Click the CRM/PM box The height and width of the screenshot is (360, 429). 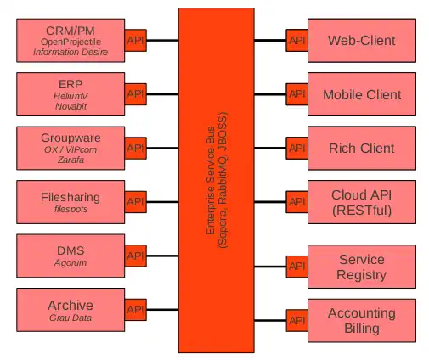[x=71, y=40]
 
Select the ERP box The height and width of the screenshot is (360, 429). [x=71, y=94]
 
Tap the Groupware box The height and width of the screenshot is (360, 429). [x=71, y=148]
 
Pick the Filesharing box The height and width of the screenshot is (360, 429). [x=71, y=202]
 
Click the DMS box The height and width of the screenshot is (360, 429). [x=71, y=256]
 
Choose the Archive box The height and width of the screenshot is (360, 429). [x=71, y=310]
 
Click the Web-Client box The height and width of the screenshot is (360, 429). [x=362, y=40]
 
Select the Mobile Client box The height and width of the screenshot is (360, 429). [x=362, y=94]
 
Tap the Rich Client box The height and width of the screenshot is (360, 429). [x=362, y=148]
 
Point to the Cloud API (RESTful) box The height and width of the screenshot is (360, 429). [x=362, y=202]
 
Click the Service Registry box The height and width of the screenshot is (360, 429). [x=362, y=267]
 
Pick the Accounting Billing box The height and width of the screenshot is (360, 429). [x=362, y=320]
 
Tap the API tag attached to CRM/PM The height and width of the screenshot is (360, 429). [x=135, y=40]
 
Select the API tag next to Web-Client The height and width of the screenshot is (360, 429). [x=296, y=40]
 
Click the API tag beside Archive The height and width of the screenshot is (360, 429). [x=135, y=310]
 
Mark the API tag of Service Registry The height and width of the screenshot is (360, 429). [x=296, y=267]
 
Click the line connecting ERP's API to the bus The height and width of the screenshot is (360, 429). [x=161, y=94]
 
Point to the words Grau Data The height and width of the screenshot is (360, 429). [x=71, y=318]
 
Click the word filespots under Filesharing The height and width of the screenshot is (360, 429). [x=71, y=209]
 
